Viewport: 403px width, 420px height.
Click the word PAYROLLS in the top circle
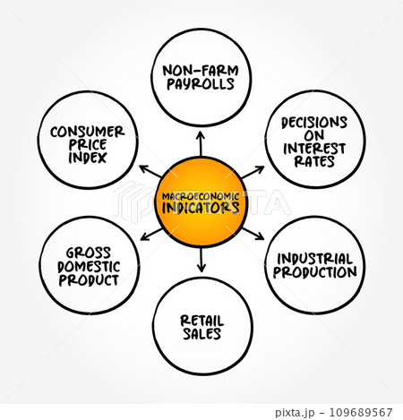pos(201,84)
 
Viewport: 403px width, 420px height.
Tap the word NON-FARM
pos(201,71)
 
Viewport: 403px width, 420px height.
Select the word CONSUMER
pos(87,132)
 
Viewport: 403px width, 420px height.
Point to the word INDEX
pos(88,158)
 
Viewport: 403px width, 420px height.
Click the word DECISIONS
pos(314,123)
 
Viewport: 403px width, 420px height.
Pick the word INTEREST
pos(314,149)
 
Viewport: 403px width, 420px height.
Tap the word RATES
pos(314,161)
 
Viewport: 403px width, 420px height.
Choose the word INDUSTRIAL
pos(315,259)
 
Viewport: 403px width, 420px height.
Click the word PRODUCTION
pos(315,272)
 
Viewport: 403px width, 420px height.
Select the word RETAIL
pos(202,321)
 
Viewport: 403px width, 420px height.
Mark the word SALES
pos(202,334)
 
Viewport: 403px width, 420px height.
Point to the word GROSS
pos(89,253)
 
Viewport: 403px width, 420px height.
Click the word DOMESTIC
pos(89,267)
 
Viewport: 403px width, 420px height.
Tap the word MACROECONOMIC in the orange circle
pos(201,197)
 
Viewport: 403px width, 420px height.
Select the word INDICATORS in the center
pos(201,208)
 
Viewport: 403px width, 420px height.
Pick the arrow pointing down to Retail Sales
pos(201,260)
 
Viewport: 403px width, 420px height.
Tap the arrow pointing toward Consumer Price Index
pos(150,171)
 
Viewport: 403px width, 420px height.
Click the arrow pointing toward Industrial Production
pos(253,234)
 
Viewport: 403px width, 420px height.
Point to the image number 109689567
pos(361,412)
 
